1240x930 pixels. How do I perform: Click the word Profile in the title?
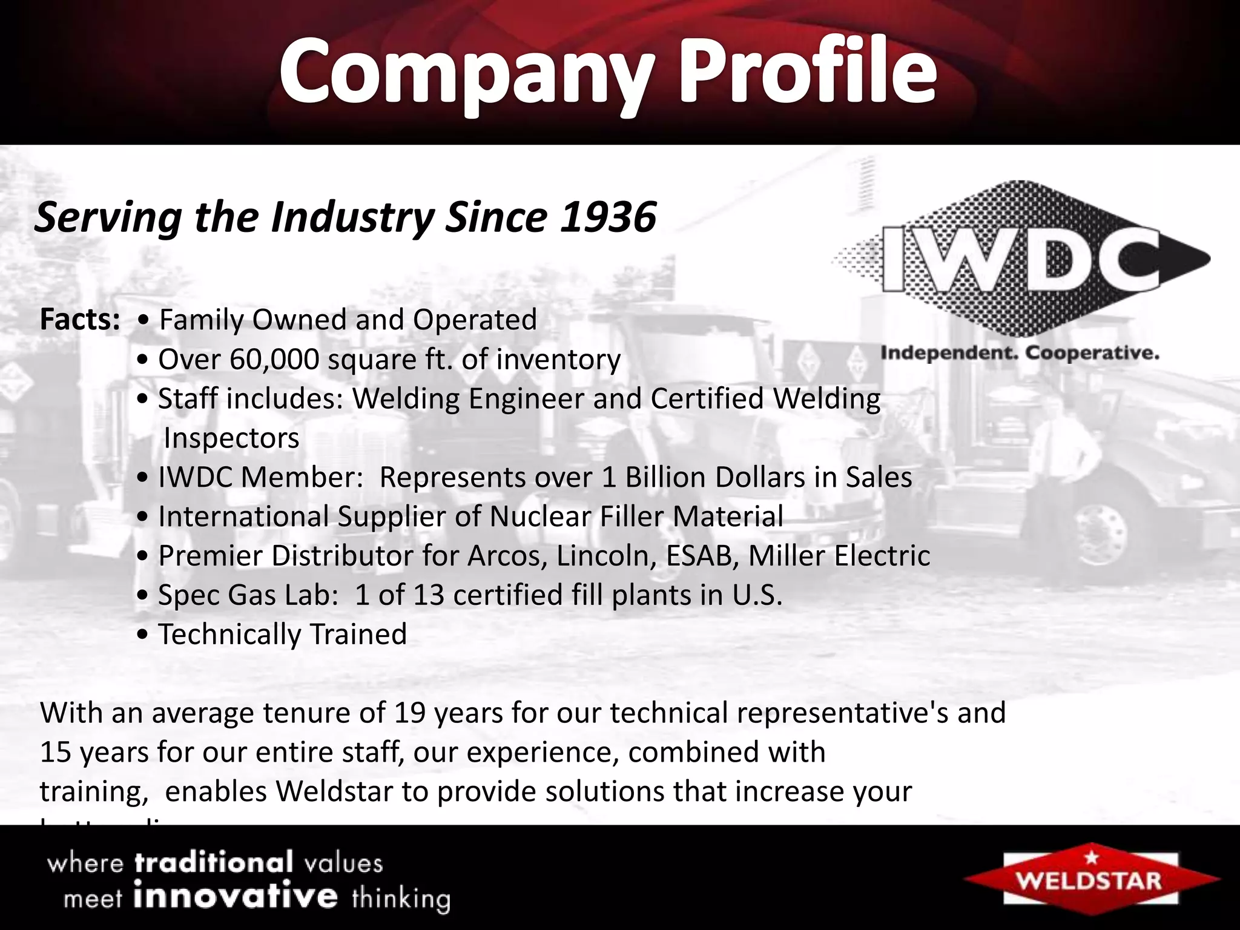pos(809,71)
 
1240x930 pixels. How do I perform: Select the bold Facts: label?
pos(80,320)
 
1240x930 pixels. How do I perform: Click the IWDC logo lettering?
pos(1021,259)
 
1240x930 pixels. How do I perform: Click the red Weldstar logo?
pos(1090,879)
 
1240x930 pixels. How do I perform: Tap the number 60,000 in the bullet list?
pos(274,360)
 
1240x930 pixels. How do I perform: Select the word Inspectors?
pos(231,438)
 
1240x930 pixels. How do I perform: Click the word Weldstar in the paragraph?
pos(334,792)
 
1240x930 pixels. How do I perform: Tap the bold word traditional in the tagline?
pos(214,862)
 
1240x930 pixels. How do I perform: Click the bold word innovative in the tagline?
pos(235,896)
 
